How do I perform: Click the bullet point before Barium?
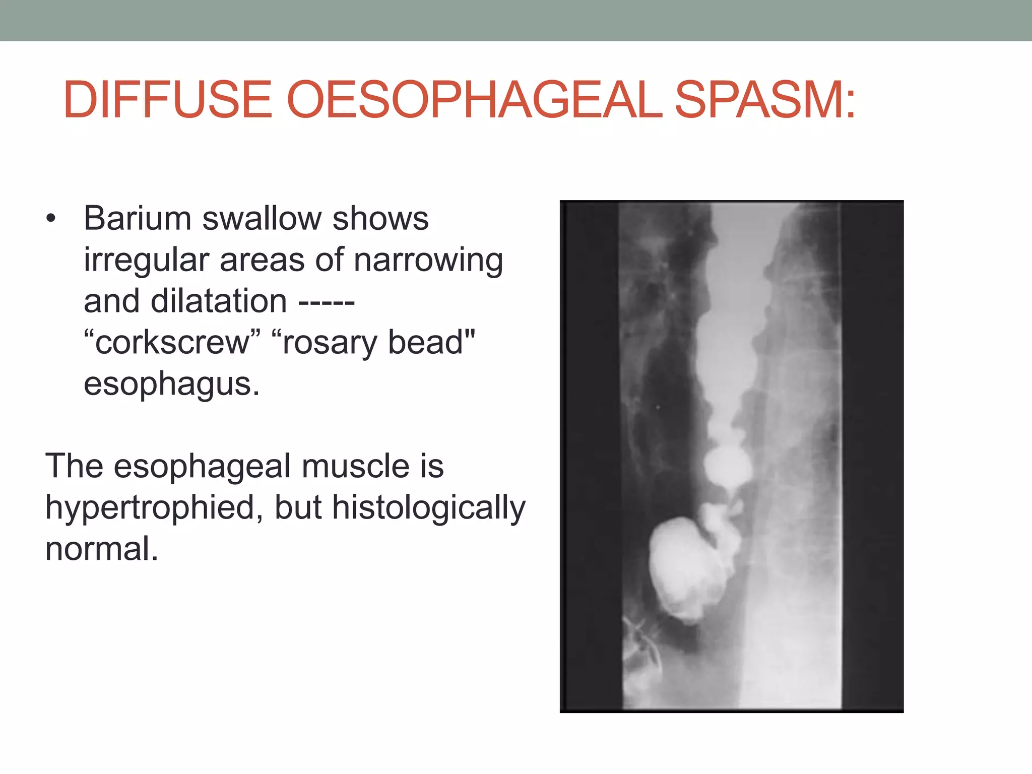tap(50, 220)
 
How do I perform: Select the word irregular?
tap(146, 260)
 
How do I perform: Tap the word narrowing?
tap(428, 261)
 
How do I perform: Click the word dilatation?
tap(219, 301)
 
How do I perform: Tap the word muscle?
tap(355, 466)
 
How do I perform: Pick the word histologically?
tap(428, 508)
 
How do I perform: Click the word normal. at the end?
tap(101, 549)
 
